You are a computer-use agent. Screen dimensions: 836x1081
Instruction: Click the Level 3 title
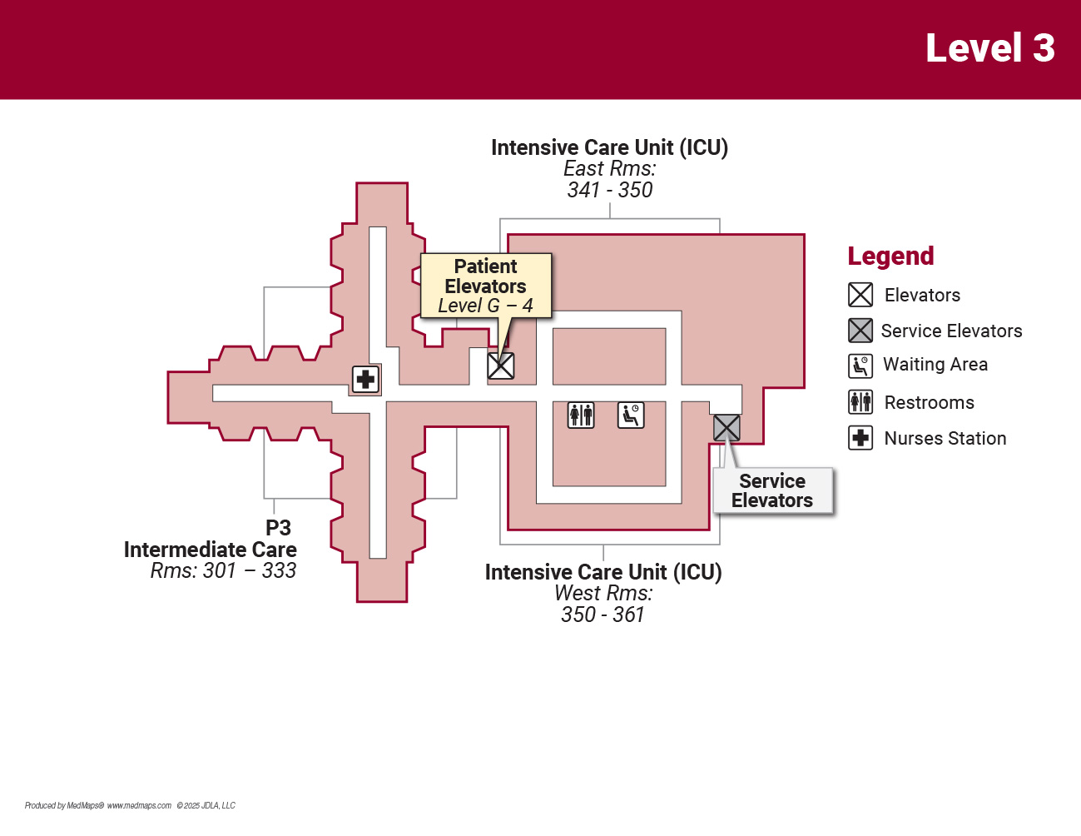coord(989,48)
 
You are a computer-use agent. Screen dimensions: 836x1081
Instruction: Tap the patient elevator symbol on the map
coord(500,366)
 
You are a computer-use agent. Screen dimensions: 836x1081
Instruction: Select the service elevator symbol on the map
coord(726,428)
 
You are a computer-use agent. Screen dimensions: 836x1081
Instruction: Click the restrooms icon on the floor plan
coord(581,415)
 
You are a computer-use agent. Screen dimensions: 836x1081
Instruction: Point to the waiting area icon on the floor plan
coord(631,415)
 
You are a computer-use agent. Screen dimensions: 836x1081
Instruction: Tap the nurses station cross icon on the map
coord(365,380)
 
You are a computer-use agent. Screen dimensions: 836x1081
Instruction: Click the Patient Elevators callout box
coord(486,286)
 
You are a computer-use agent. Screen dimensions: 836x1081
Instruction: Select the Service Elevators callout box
coord(772,490)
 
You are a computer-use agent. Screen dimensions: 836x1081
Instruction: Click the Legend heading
coord(890,256)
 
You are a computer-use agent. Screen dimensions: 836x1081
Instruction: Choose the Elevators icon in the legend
coord(860,295)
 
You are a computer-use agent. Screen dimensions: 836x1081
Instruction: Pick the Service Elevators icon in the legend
coord(860,331)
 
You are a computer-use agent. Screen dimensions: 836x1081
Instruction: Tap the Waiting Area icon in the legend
coord(860,366)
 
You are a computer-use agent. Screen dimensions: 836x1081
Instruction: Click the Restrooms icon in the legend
coord(860,402)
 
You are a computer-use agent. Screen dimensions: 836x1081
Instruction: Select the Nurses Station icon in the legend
coord(860,438)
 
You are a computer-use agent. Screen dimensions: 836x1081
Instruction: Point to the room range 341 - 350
coord(610,191)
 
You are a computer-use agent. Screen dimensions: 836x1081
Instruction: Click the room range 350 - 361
coord(603,615)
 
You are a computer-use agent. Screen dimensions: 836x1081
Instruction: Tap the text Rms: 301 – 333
coord(223,571)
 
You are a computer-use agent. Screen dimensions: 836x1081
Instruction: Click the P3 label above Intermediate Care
coord(278,528)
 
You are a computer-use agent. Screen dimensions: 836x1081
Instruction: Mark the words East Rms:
coord(610,169)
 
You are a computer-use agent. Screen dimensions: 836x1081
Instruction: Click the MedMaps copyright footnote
coord(130,805)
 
